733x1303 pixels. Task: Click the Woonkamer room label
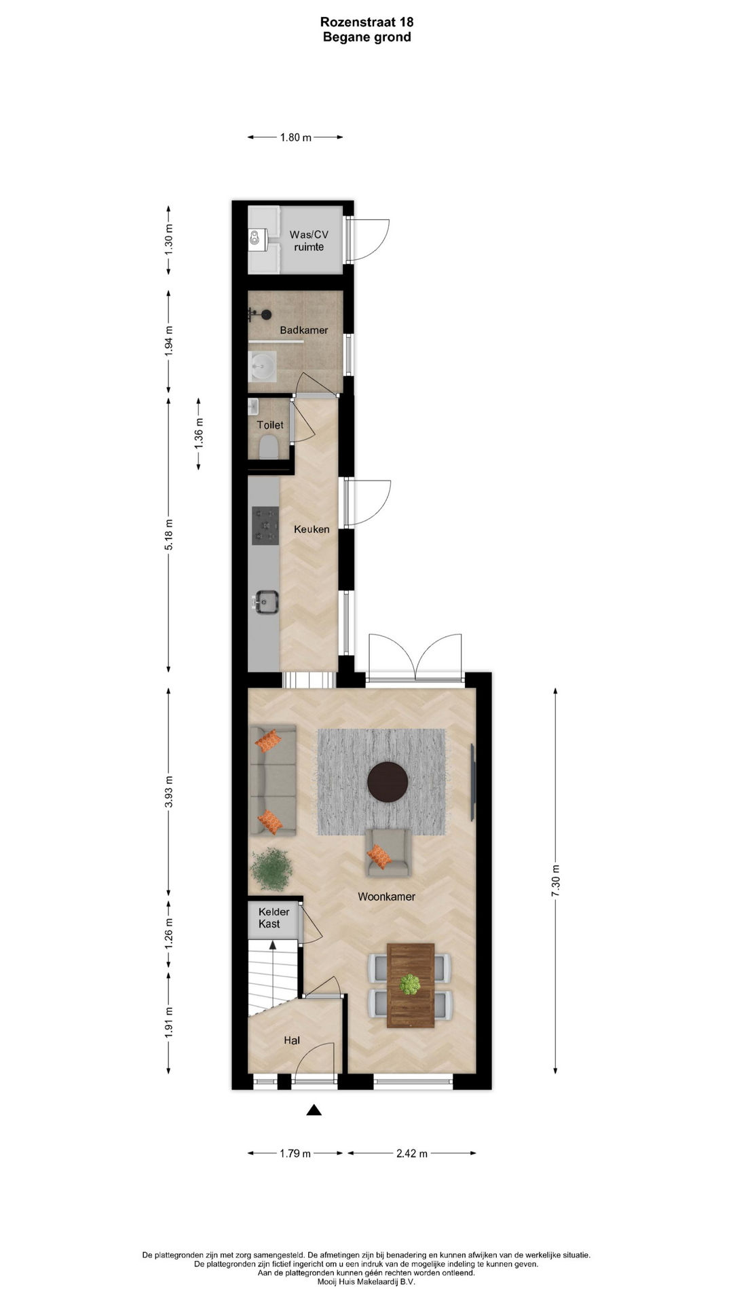pyautogui.click(x=386, y=896)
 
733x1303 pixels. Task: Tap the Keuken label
pyautogui.click(x=312, y=529)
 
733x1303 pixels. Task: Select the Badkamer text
pyautogui.click(x=304, y=331)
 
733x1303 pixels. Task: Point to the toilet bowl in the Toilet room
pyautogui.click(x=269, y=447)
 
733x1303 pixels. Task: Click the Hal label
pyautogui.click(x=292, y=1040)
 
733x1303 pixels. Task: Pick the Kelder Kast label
pyautogui.click(x=274, y=918)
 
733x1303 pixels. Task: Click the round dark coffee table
pyautogui.click(x=388, y=782)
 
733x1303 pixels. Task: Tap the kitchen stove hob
pyautogui.click(x=265, y=526)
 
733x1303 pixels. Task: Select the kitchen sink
pyautogui.click(x=265, y=602)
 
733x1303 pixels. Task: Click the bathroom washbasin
pyautogui.click(x=262, y=367)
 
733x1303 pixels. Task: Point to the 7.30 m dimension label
pyautogui.click(x=555, y=882)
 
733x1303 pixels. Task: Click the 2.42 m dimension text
pyautogui.click(x=412, y=1153)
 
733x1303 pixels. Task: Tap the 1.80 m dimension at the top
pyautogui.click(x=296, y=138)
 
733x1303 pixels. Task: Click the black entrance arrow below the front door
pyautogui.click(x=314, y=1110)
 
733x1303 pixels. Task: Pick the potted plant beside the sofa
pyautogui.click(x=271, y=868)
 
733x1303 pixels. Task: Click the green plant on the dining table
pyautogui.click(x=410, y=985)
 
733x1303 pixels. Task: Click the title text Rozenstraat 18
pyautogui.click(x=367, y=22)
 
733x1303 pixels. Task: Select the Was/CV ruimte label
pyautogui.click(x=309, y=241)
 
